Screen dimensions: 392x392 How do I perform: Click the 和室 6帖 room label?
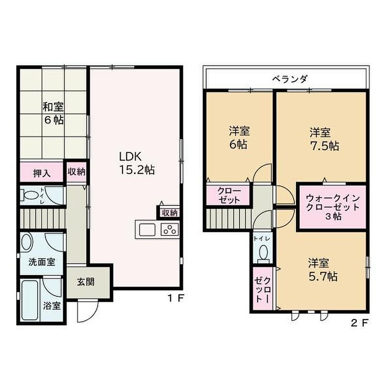pyautogui.click(x=53, y=113)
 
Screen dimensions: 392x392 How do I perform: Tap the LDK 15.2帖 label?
pyautogui.click(x=137, y=163)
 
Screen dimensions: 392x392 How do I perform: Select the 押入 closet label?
pyautogui.click(x=42, y=173)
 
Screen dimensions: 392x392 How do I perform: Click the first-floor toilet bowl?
pyautogui.click(x=30, y=195)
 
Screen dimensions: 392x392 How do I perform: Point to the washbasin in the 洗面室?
pyautogui.click(x=27, y=242)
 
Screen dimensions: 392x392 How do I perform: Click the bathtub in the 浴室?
pyautogui.click(x=30, y=300)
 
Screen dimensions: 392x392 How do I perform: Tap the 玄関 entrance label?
pyautogui.click(x=85, y=282)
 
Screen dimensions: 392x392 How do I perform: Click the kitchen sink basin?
pyautogui.click(x=147, y=230)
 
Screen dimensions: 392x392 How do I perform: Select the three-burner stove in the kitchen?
pyautogui.click(x=170, y=230)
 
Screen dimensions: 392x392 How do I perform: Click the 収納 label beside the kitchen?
pyautogui.click(x=170, y=213)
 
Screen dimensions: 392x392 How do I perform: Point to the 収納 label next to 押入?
pyautogui.click(x=77, y=172)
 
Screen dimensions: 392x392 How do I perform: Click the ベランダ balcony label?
pyautogui.click(x=290, y=79)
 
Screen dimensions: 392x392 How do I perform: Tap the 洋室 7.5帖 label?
pyautogui.click(x=324, y=139)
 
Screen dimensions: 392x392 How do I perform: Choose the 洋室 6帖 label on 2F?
pyautogui.click(x=239, y=138)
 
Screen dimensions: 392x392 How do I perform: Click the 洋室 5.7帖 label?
pyautogui.click(x=323, y=270)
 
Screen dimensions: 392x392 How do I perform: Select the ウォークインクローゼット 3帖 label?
pyautogui.click(x=333, y=207)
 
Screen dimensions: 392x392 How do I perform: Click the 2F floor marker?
pyautogui.click(x=359, y=323)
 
